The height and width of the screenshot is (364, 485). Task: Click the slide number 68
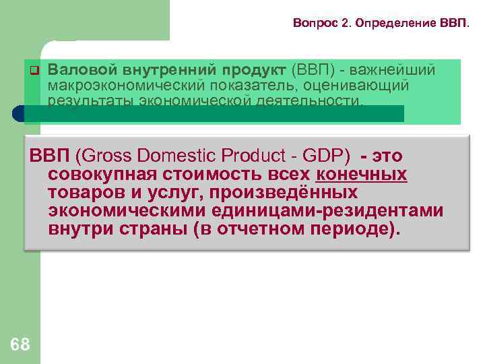20,345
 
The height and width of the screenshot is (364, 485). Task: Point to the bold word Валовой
83,70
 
